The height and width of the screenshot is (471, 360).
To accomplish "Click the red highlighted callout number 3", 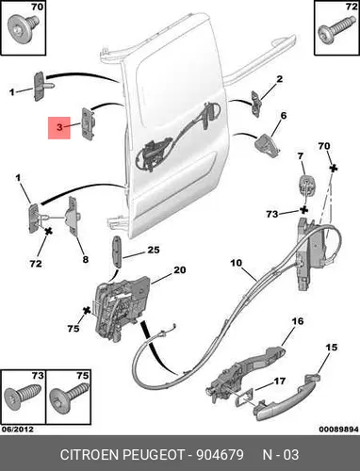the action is (x=59, y=127).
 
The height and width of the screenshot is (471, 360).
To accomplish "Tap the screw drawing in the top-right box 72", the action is (x=335, y=30).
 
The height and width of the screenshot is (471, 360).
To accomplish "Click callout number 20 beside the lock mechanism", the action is (x=180, y=269).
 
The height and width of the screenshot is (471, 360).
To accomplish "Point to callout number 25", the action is (x=154, y=250).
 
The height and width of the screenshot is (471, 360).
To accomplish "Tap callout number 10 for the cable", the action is (x=237, y=262).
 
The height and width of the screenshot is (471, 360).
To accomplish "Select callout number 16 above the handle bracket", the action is (x=298, y=321).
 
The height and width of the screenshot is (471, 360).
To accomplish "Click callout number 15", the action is (x=331, y=348).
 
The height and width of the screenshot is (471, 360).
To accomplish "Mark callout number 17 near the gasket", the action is (x=279, y=382).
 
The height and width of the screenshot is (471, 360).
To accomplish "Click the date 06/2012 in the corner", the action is (x=18, y=429).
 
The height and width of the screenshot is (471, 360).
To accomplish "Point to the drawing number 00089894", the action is (x=339, y=429).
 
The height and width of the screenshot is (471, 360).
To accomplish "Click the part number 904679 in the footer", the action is (x=220, y=454).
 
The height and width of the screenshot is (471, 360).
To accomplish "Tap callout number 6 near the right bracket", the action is (x=284, y=116).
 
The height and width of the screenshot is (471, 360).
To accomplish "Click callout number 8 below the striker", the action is (x=86, y=259).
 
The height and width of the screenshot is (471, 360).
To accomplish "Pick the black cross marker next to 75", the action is (x=87, y=311).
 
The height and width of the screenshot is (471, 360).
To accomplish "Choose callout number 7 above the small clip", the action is (x=301, y=155).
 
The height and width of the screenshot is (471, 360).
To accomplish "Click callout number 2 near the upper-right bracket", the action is (x=279, y=79).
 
